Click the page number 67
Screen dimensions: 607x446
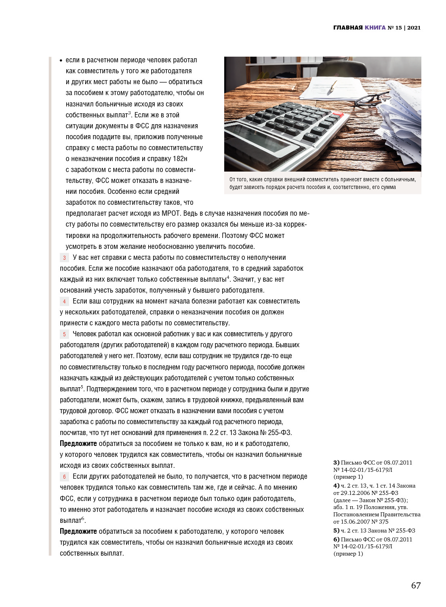(x=416, y=585)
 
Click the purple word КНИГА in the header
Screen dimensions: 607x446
(x=375, y=28)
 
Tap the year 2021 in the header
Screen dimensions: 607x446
(x=414, y=28)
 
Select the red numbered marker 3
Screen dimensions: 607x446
(x=64, y=258)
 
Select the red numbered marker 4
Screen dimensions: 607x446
(x=64, y=301)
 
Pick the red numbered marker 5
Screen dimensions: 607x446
(x=64, y=334)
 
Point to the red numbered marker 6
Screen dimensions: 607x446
(x=64, y=477)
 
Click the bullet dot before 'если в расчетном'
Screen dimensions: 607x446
(x=61, y=61)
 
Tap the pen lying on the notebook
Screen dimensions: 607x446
(x=333, y=85)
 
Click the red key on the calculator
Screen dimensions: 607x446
(x=339, y=115)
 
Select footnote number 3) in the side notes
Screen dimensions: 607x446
(x=336, y=463)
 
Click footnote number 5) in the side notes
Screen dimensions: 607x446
(x=336, y=531)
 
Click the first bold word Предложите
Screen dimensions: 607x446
(x=78, y=444)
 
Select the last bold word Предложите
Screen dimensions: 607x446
(x=78, y=531)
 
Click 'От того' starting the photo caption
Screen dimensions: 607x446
(x=238, y=180)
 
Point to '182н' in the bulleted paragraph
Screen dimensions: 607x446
(x=180, y=159)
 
